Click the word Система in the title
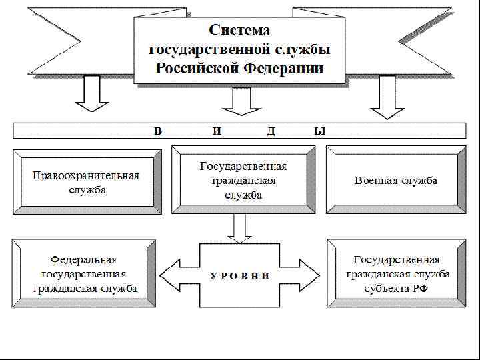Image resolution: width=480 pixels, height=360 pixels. [240, 30]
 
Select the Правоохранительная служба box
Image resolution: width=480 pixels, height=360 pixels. [87, 182]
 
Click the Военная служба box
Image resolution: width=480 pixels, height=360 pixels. [396, 181]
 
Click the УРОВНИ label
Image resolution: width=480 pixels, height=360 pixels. [240, 275]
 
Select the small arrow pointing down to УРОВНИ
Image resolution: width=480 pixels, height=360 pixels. [239, 229]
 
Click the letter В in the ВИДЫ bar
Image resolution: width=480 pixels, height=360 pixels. [158, 131]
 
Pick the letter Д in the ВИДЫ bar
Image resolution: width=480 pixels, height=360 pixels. [271, 131]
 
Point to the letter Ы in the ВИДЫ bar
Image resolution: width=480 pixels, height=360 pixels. [320, 131]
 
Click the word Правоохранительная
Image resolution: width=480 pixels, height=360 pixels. [87, 176]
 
